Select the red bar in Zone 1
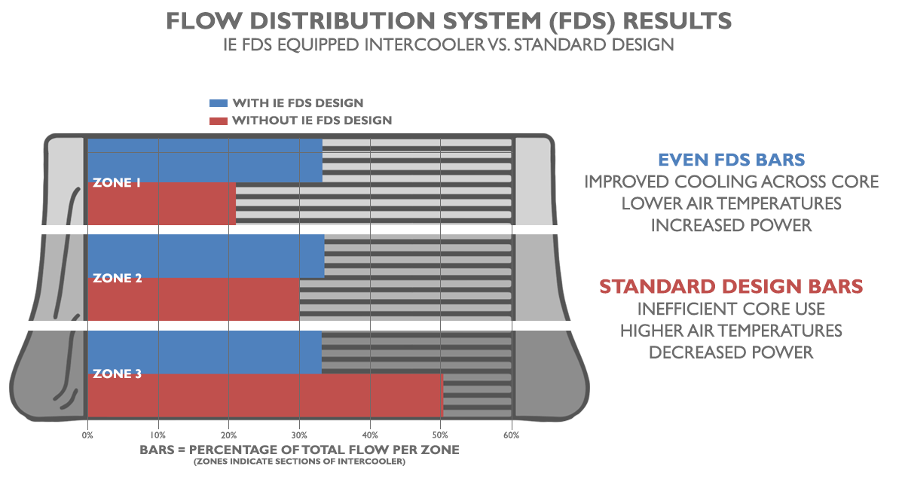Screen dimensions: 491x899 coord(162,203)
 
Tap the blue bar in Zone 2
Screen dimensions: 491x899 coord(206,256)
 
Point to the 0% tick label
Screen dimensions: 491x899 coord(87,435)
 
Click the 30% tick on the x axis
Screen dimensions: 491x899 coord(299,435)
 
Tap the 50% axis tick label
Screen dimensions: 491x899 coord(441,435)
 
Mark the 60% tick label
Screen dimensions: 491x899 coord(512,435)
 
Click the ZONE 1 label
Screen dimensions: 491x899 coord(117,182)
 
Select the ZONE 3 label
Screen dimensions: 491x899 coord(117,374)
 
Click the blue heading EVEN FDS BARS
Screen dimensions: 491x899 coord(731,160)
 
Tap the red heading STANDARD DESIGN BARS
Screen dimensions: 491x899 coord(731,287)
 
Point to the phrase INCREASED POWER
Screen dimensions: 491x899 coord(731,225)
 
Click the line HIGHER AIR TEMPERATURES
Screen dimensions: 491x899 coord(731,331)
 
